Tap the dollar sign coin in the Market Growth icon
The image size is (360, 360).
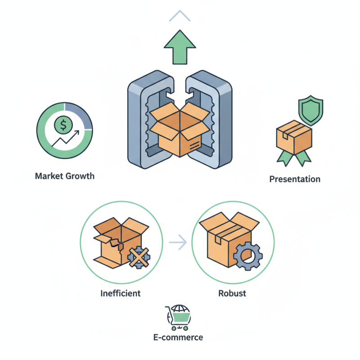tap(63, 126)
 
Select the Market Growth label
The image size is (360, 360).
tap(65, 176)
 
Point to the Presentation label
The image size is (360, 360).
tap(295, 179)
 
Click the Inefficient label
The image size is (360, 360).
tap(120, 293)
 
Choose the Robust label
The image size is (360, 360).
tap(232, 293)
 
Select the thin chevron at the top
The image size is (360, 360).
tap(180, 17)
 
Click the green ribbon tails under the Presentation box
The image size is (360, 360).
tap(293, 157)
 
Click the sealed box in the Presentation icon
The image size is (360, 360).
tap(293, 137)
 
